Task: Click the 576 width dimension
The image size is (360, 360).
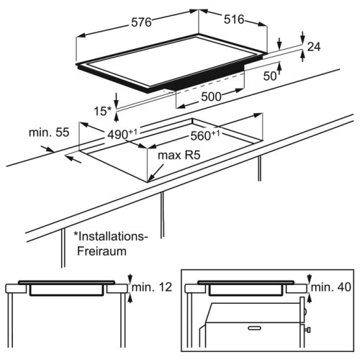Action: tap(141, 22)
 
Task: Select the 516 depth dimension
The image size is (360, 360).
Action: tap(234, 19)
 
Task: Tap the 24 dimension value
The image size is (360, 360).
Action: tap(314, 47)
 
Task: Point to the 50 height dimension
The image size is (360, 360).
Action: tap(270, 76)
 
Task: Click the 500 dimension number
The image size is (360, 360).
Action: tap(211, 96)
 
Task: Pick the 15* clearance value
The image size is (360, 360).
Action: tap(102, 111)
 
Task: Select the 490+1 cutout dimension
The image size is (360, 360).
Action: tap(122, 134)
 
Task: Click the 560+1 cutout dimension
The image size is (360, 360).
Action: tap(205, 135)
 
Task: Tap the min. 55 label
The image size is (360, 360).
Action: tap(49, 132)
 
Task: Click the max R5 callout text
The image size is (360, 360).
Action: tap(179, 155)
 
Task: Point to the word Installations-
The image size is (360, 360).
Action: tap(110, 236)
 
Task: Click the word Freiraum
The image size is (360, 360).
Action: tap(102, 251)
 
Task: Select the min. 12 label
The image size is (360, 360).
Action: tap(152, 287)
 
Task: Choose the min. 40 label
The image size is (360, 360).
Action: tap(331, 287)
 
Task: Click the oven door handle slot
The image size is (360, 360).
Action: tap(254, 328)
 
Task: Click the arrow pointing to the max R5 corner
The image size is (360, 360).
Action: tap(156, 173)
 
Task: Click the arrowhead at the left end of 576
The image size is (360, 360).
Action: tap(81, 36)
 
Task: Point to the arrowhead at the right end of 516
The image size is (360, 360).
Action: tap(262, 24)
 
